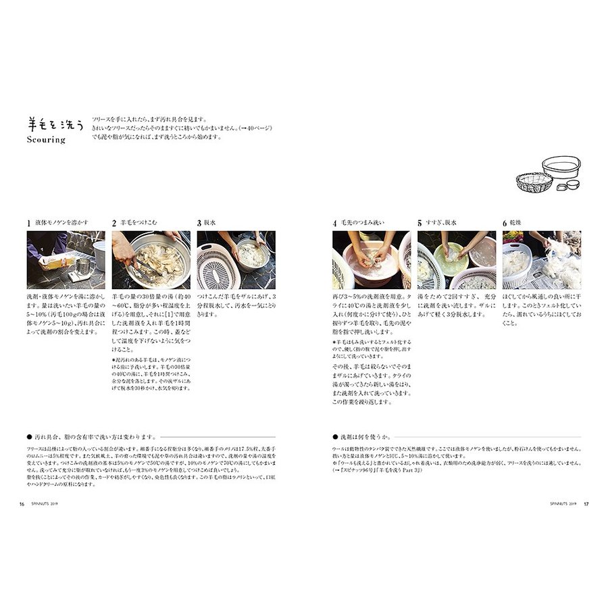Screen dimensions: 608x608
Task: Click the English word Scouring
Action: pos(47,141)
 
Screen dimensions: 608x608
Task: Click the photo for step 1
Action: pos(66,260)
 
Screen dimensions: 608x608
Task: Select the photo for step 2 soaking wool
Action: pos(151,260)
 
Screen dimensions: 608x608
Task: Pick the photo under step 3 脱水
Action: pos(236,260)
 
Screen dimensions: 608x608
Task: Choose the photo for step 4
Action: pos(371,260)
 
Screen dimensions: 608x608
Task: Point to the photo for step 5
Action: pos(456,260)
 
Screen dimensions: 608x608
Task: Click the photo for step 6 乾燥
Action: pos(541,260)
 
